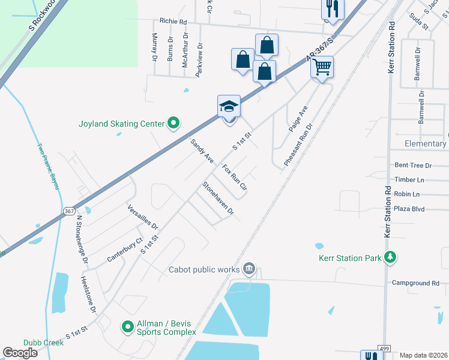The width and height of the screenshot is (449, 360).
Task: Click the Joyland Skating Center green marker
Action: pos(173,124)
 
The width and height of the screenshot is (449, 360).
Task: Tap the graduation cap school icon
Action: pos(229,106)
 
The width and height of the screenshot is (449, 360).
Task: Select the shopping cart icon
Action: pos(322,67)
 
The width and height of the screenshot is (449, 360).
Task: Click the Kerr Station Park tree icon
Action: pos(391,258)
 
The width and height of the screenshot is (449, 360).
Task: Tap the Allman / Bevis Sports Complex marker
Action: pos(127,327)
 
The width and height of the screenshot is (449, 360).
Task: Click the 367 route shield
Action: pos(69,211)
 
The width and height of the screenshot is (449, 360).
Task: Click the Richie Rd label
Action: pos(173,22)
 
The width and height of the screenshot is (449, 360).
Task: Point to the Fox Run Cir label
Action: pos(235,177)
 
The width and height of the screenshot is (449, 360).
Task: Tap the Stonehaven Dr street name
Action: pos(218,199)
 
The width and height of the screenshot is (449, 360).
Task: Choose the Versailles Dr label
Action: pos(142,218)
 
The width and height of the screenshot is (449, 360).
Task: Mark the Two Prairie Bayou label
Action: pos(48,166)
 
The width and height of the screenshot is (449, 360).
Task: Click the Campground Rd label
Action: pos(415,283)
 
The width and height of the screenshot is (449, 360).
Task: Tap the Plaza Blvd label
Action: pos(409,209)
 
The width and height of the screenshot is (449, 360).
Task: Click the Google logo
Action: pos(20,353)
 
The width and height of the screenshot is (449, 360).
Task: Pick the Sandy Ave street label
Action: pos(202,151)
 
